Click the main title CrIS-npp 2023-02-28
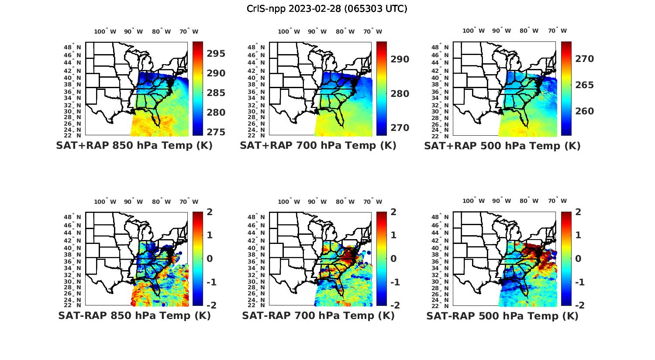327,8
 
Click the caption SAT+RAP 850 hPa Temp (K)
134,145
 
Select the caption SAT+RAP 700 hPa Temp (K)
318,145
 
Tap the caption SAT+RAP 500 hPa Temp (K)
502,146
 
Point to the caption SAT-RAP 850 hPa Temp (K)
134,315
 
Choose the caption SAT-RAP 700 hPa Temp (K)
318,315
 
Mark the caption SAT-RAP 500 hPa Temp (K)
502,316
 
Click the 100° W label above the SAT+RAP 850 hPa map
105,31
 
